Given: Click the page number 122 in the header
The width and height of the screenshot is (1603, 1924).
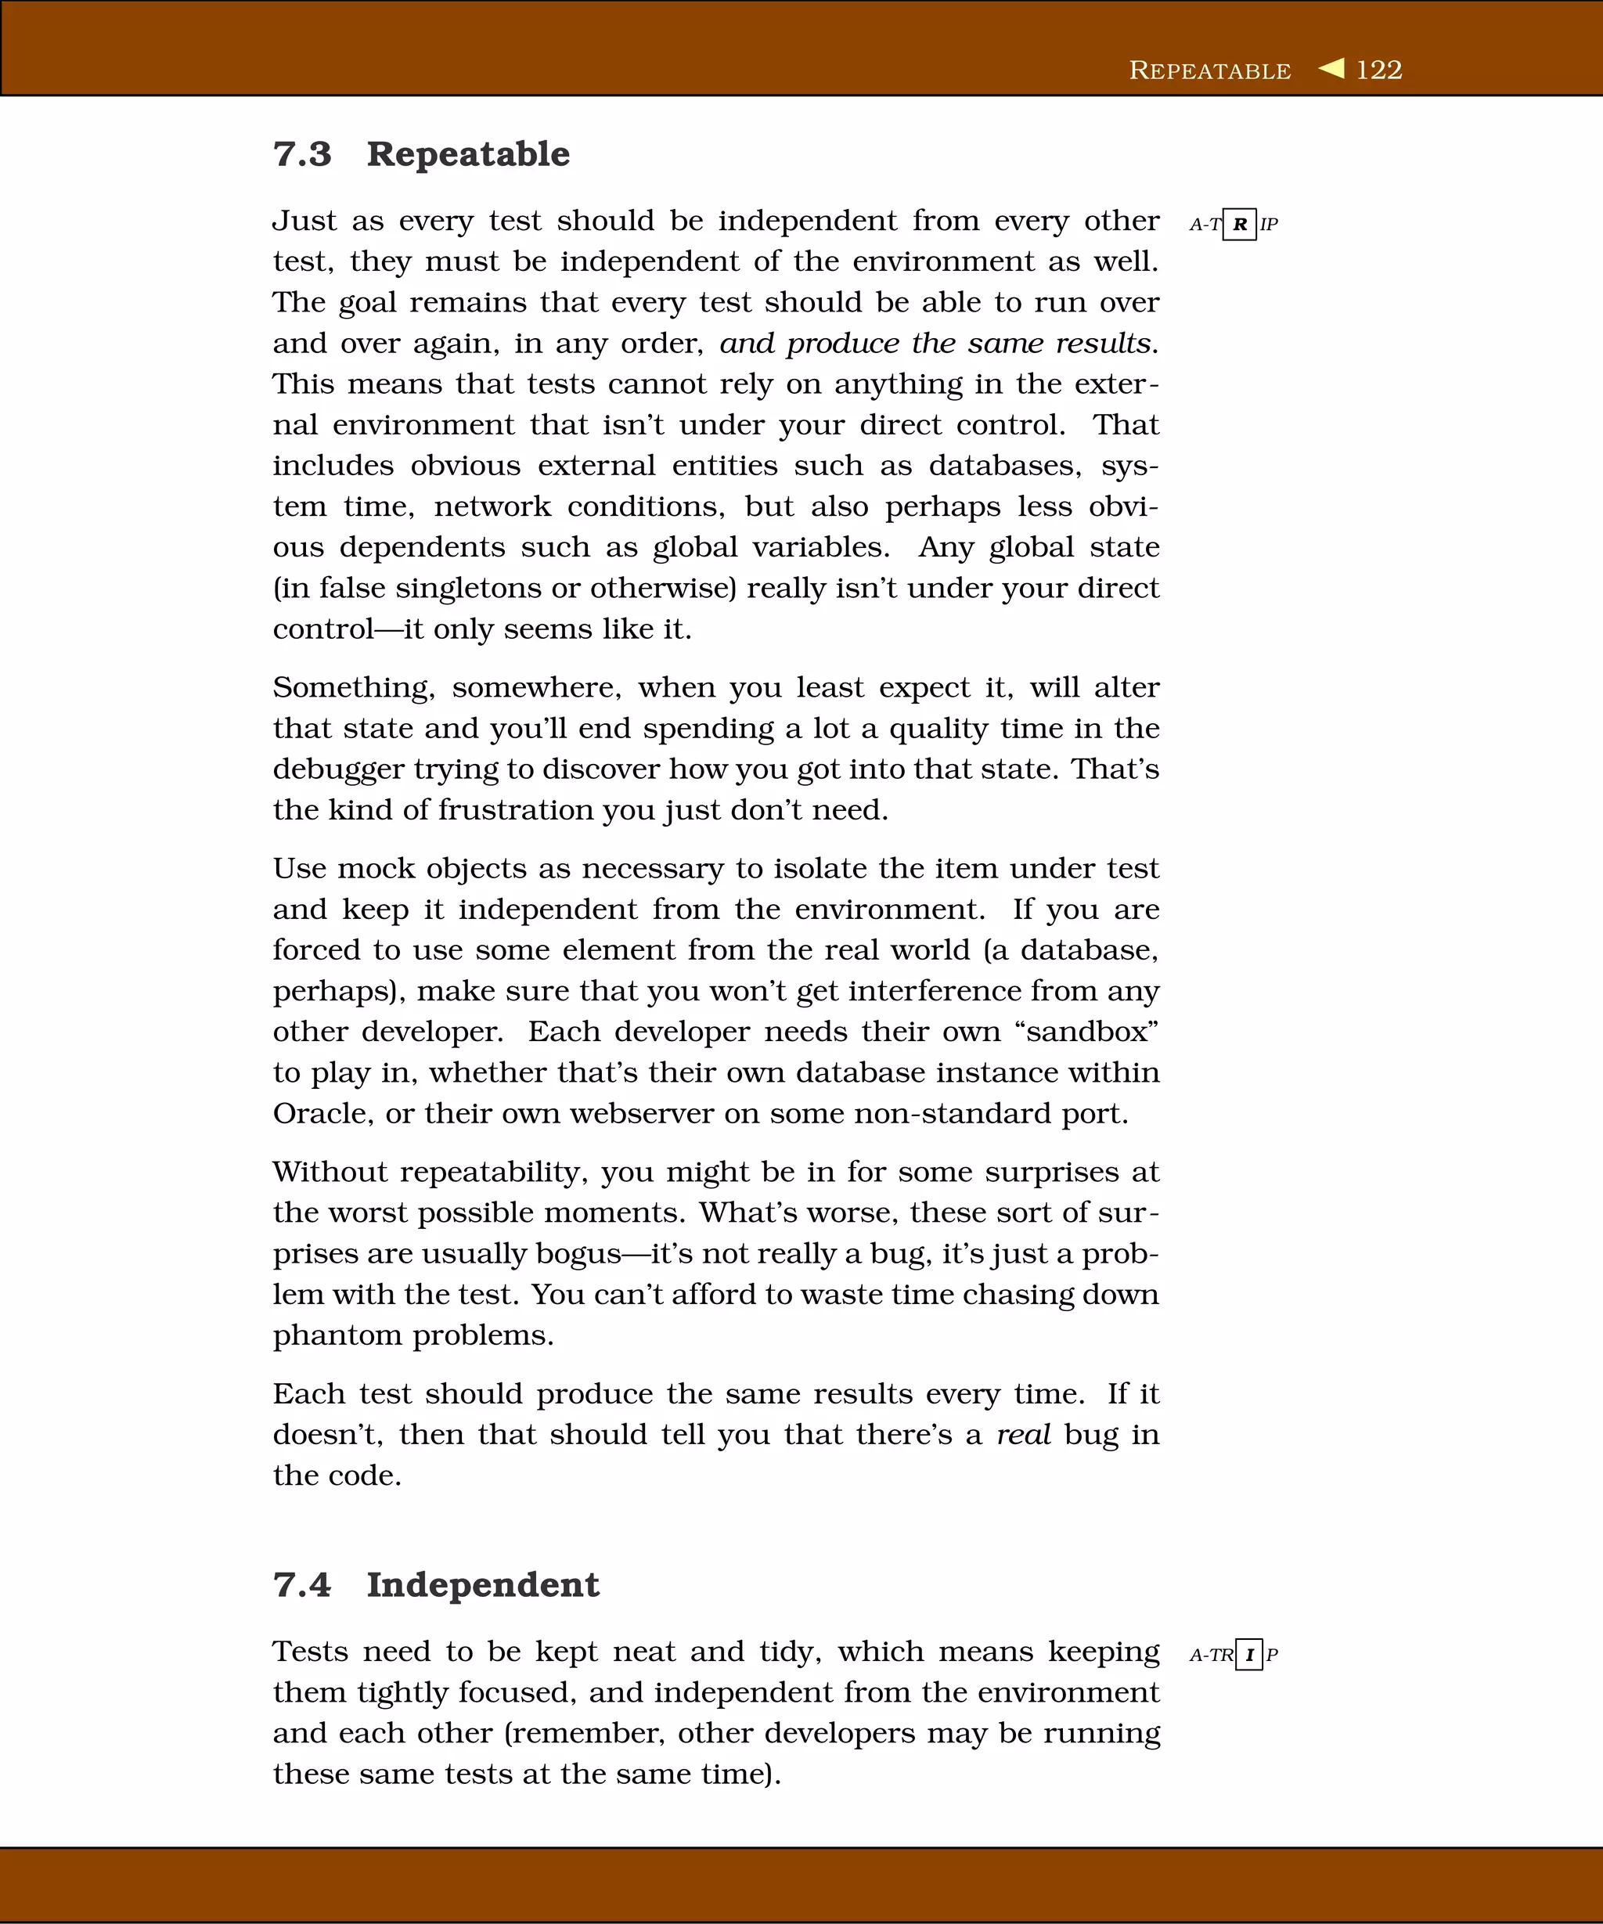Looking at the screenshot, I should pos(1378,70).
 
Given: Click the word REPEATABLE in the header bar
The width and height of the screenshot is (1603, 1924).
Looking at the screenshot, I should pos(1209,70).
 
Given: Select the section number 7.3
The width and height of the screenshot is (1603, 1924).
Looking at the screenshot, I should pos(302,154).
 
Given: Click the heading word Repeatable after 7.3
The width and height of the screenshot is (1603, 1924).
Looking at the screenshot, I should pos(468,154).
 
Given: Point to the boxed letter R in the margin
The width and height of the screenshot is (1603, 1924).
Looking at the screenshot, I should pos(1239,225).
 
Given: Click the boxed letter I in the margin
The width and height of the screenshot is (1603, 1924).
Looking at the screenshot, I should pos(1248,1655).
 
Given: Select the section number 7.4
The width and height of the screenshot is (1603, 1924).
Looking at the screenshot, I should pos(302,1585).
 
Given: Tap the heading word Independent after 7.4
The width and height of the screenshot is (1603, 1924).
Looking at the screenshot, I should pos(483,1585).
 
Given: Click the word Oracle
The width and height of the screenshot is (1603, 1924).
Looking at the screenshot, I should pos(323,1113).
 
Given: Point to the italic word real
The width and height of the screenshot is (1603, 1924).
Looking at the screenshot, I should pos(1023,1435).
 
